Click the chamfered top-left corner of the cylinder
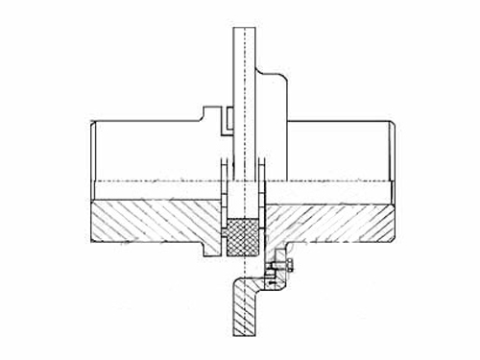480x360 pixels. (x=93, y=124)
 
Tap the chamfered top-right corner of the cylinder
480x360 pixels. (x=391, y=124)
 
